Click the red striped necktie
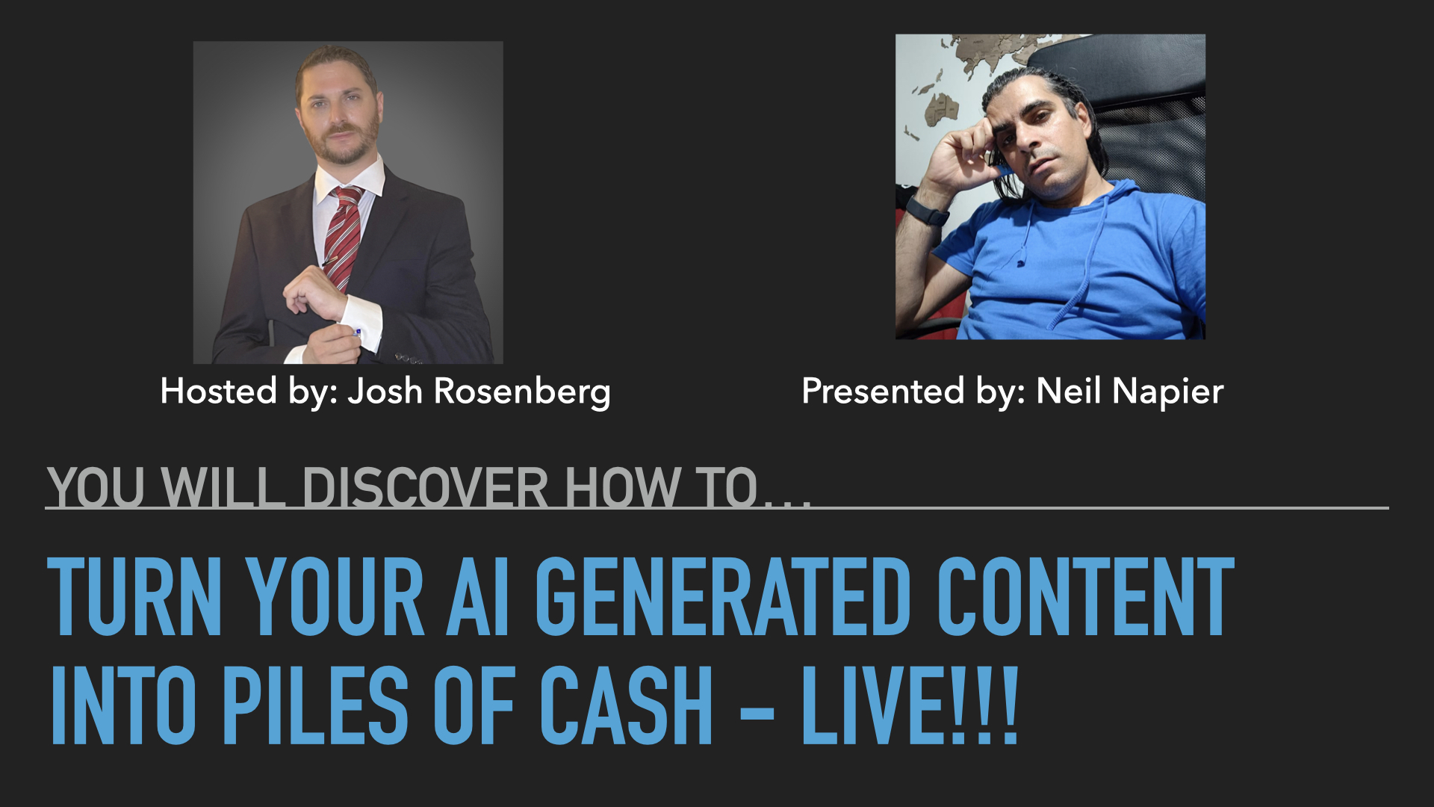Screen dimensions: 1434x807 (x=343, y=235)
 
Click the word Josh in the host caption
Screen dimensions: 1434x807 (x=385, y=391)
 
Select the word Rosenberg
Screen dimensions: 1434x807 (x=523, y=392)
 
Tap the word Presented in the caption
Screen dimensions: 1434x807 (x=883, y=391)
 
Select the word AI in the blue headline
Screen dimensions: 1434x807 (x=478, y=596)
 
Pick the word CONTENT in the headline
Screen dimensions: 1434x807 (x=1085, y=596)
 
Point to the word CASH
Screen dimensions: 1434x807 (x=626, y=705)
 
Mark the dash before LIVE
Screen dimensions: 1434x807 (x=757, y=707)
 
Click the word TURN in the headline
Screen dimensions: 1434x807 (x=134, y=596)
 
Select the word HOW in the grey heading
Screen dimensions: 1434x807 (x=622, y=488)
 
